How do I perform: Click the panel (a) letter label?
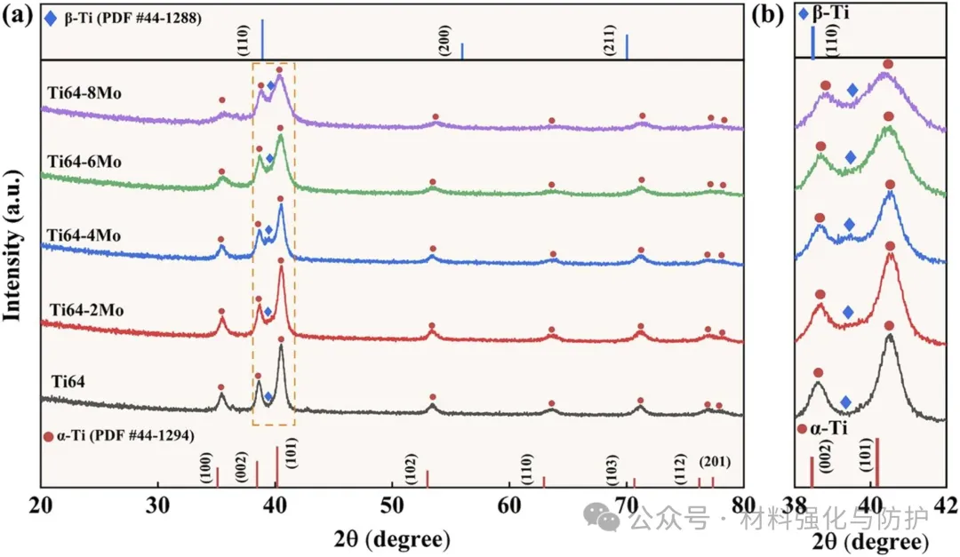click(17, 15)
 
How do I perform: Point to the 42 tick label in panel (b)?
click(945, 504)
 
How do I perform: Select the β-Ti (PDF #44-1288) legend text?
click(136, 18)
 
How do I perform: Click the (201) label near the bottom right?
click(717, 461)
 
